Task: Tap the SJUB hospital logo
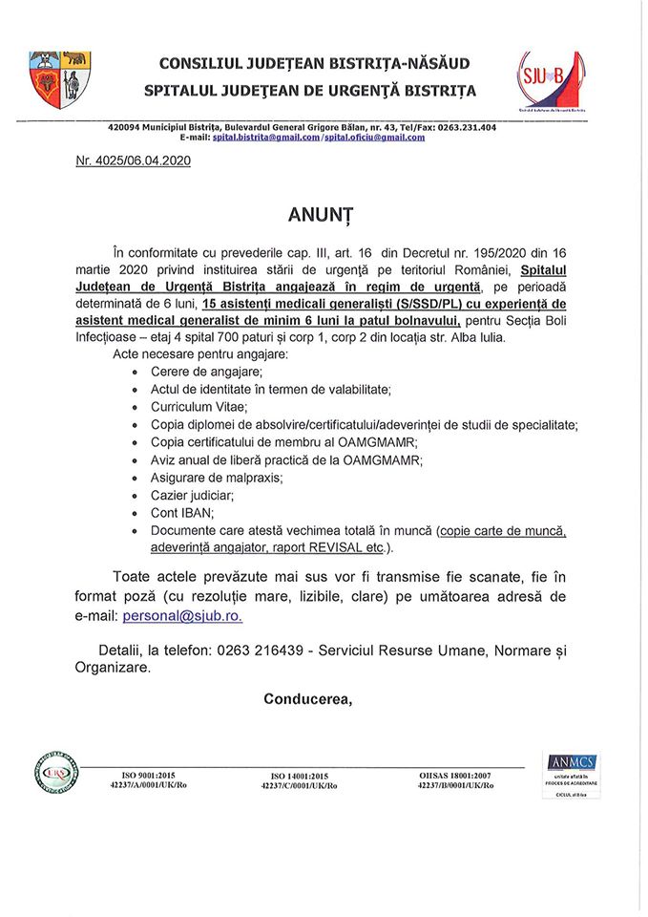(x=551, y=81)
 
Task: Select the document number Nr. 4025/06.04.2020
(x=133, y=161)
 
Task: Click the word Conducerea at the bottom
(x=307, y=698)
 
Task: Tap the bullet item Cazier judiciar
(x=192, y=495)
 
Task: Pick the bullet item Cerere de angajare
(x=206, y=371)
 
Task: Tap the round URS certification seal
(x=58, y=775)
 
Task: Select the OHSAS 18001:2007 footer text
(x=455, y=776)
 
